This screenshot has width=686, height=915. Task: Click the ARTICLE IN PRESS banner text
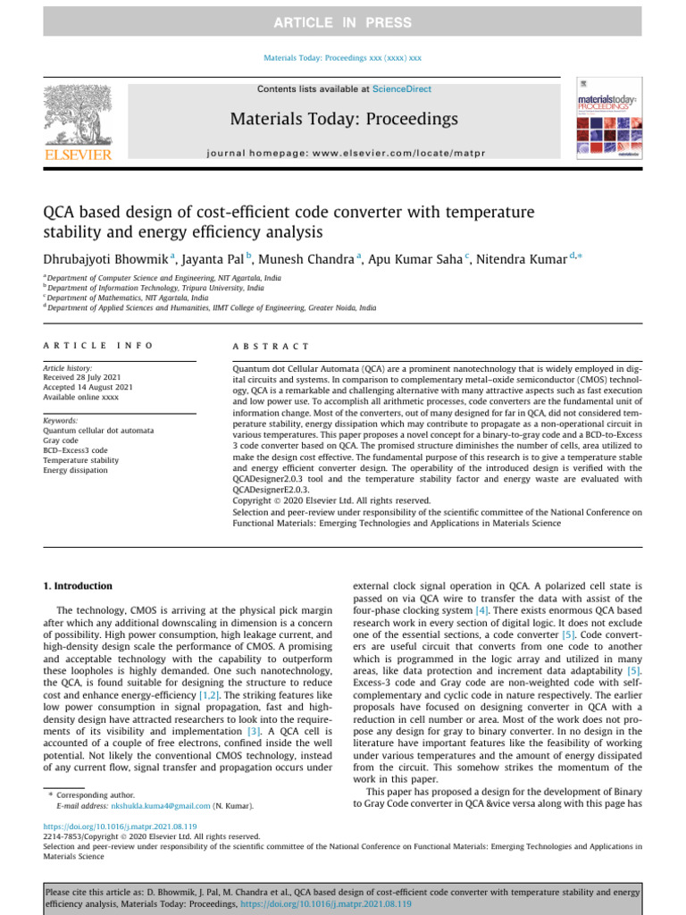(343, 22)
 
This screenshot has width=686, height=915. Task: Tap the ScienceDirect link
(402, 89)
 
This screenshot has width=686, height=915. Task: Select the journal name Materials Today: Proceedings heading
(344, 119)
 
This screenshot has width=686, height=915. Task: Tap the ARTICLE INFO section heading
(98, 345)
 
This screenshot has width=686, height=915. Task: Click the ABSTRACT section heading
(271, 346)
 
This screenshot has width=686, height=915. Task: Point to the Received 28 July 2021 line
(88, 377)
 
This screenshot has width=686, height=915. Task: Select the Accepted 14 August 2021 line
(88, 387)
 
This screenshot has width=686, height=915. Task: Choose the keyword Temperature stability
(80, 460)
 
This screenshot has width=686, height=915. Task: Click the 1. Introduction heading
(78, 586)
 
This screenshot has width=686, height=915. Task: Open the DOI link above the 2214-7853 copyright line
(120, 827)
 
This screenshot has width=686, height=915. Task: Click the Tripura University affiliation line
(155, 289)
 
